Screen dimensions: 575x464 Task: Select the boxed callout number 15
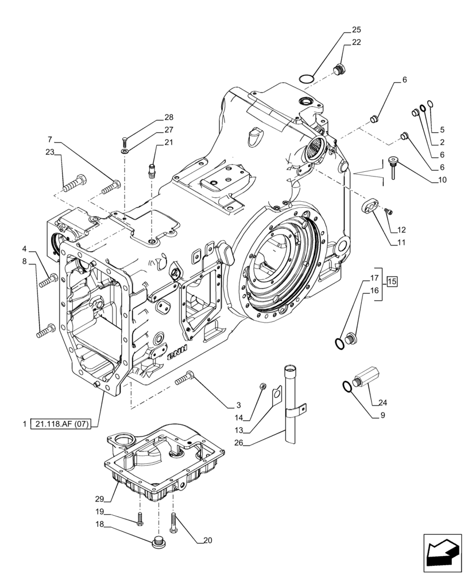coord(392,281)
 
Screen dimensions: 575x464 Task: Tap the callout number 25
coord(356,29)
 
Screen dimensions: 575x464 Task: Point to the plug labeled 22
coord(339,70)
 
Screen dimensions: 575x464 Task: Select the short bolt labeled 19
coord(140,519)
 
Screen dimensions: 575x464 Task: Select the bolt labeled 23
coord(74,185)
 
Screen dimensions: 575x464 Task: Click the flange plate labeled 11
coord(371,206)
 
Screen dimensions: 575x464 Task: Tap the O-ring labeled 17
coord(339,343)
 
